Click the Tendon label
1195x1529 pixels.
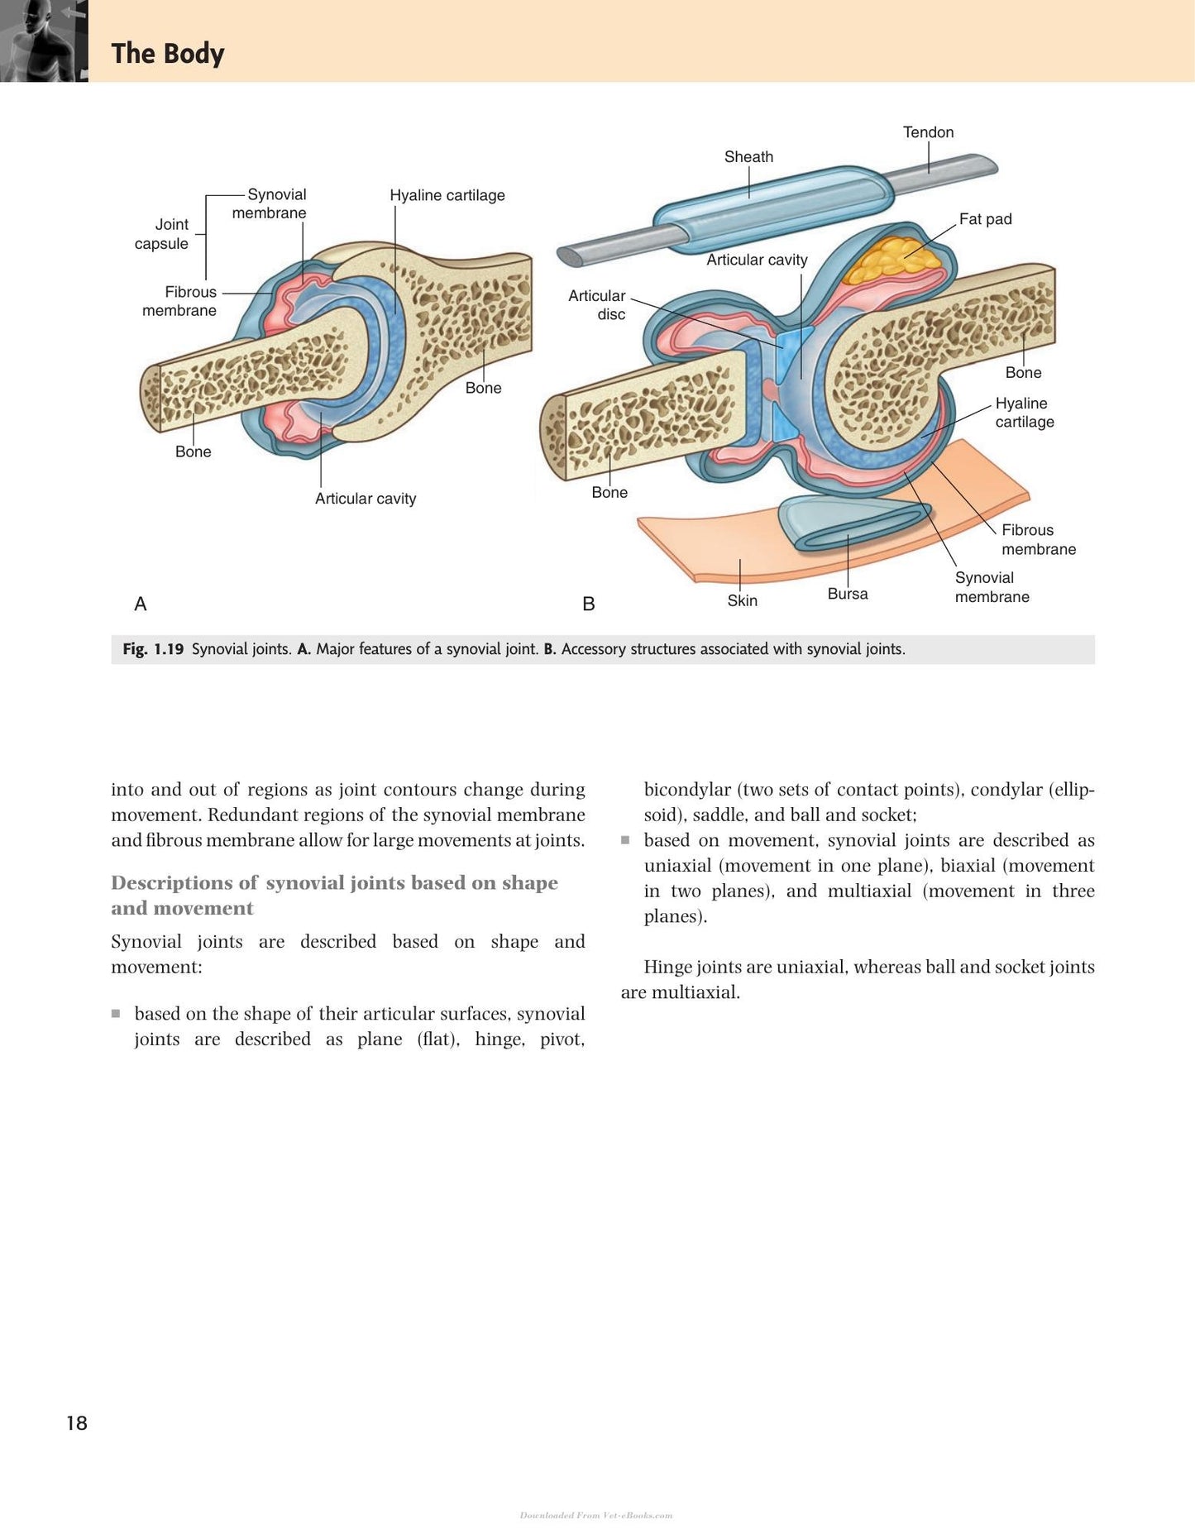(x=928, y=132)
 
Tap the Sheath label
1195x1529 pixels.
(x=748, y=157)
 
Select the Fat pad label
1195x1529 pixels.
(x=985, y=219)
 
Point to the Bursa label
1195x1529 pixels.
(x=848, y=594)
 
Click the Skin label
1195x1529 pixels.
(x=742, y=600)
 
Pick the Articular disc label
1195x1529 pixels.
(x=597, y=305)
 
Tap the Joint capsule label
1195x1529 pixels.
(x=162, y=234)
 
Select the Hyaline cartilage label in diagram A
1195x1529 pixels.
(x=447, y=195)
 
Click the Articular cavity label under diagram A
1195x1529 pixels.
(x=366, y=499)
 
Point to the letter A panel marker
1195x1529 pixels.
(x=141, y=604)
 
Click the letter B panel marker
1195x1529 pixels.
(x=589, y=604)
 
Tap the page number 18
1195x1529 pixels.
(x=77, y=1423)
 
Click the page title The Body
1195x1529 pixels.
(x=168, y=54)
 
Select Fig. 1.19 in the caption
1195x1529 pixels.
(x=153, y=649)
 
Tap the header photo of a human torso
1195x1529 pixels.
(x=44, y=41)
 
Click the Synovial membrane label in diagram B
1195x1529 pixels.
(x=992, y=587)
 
